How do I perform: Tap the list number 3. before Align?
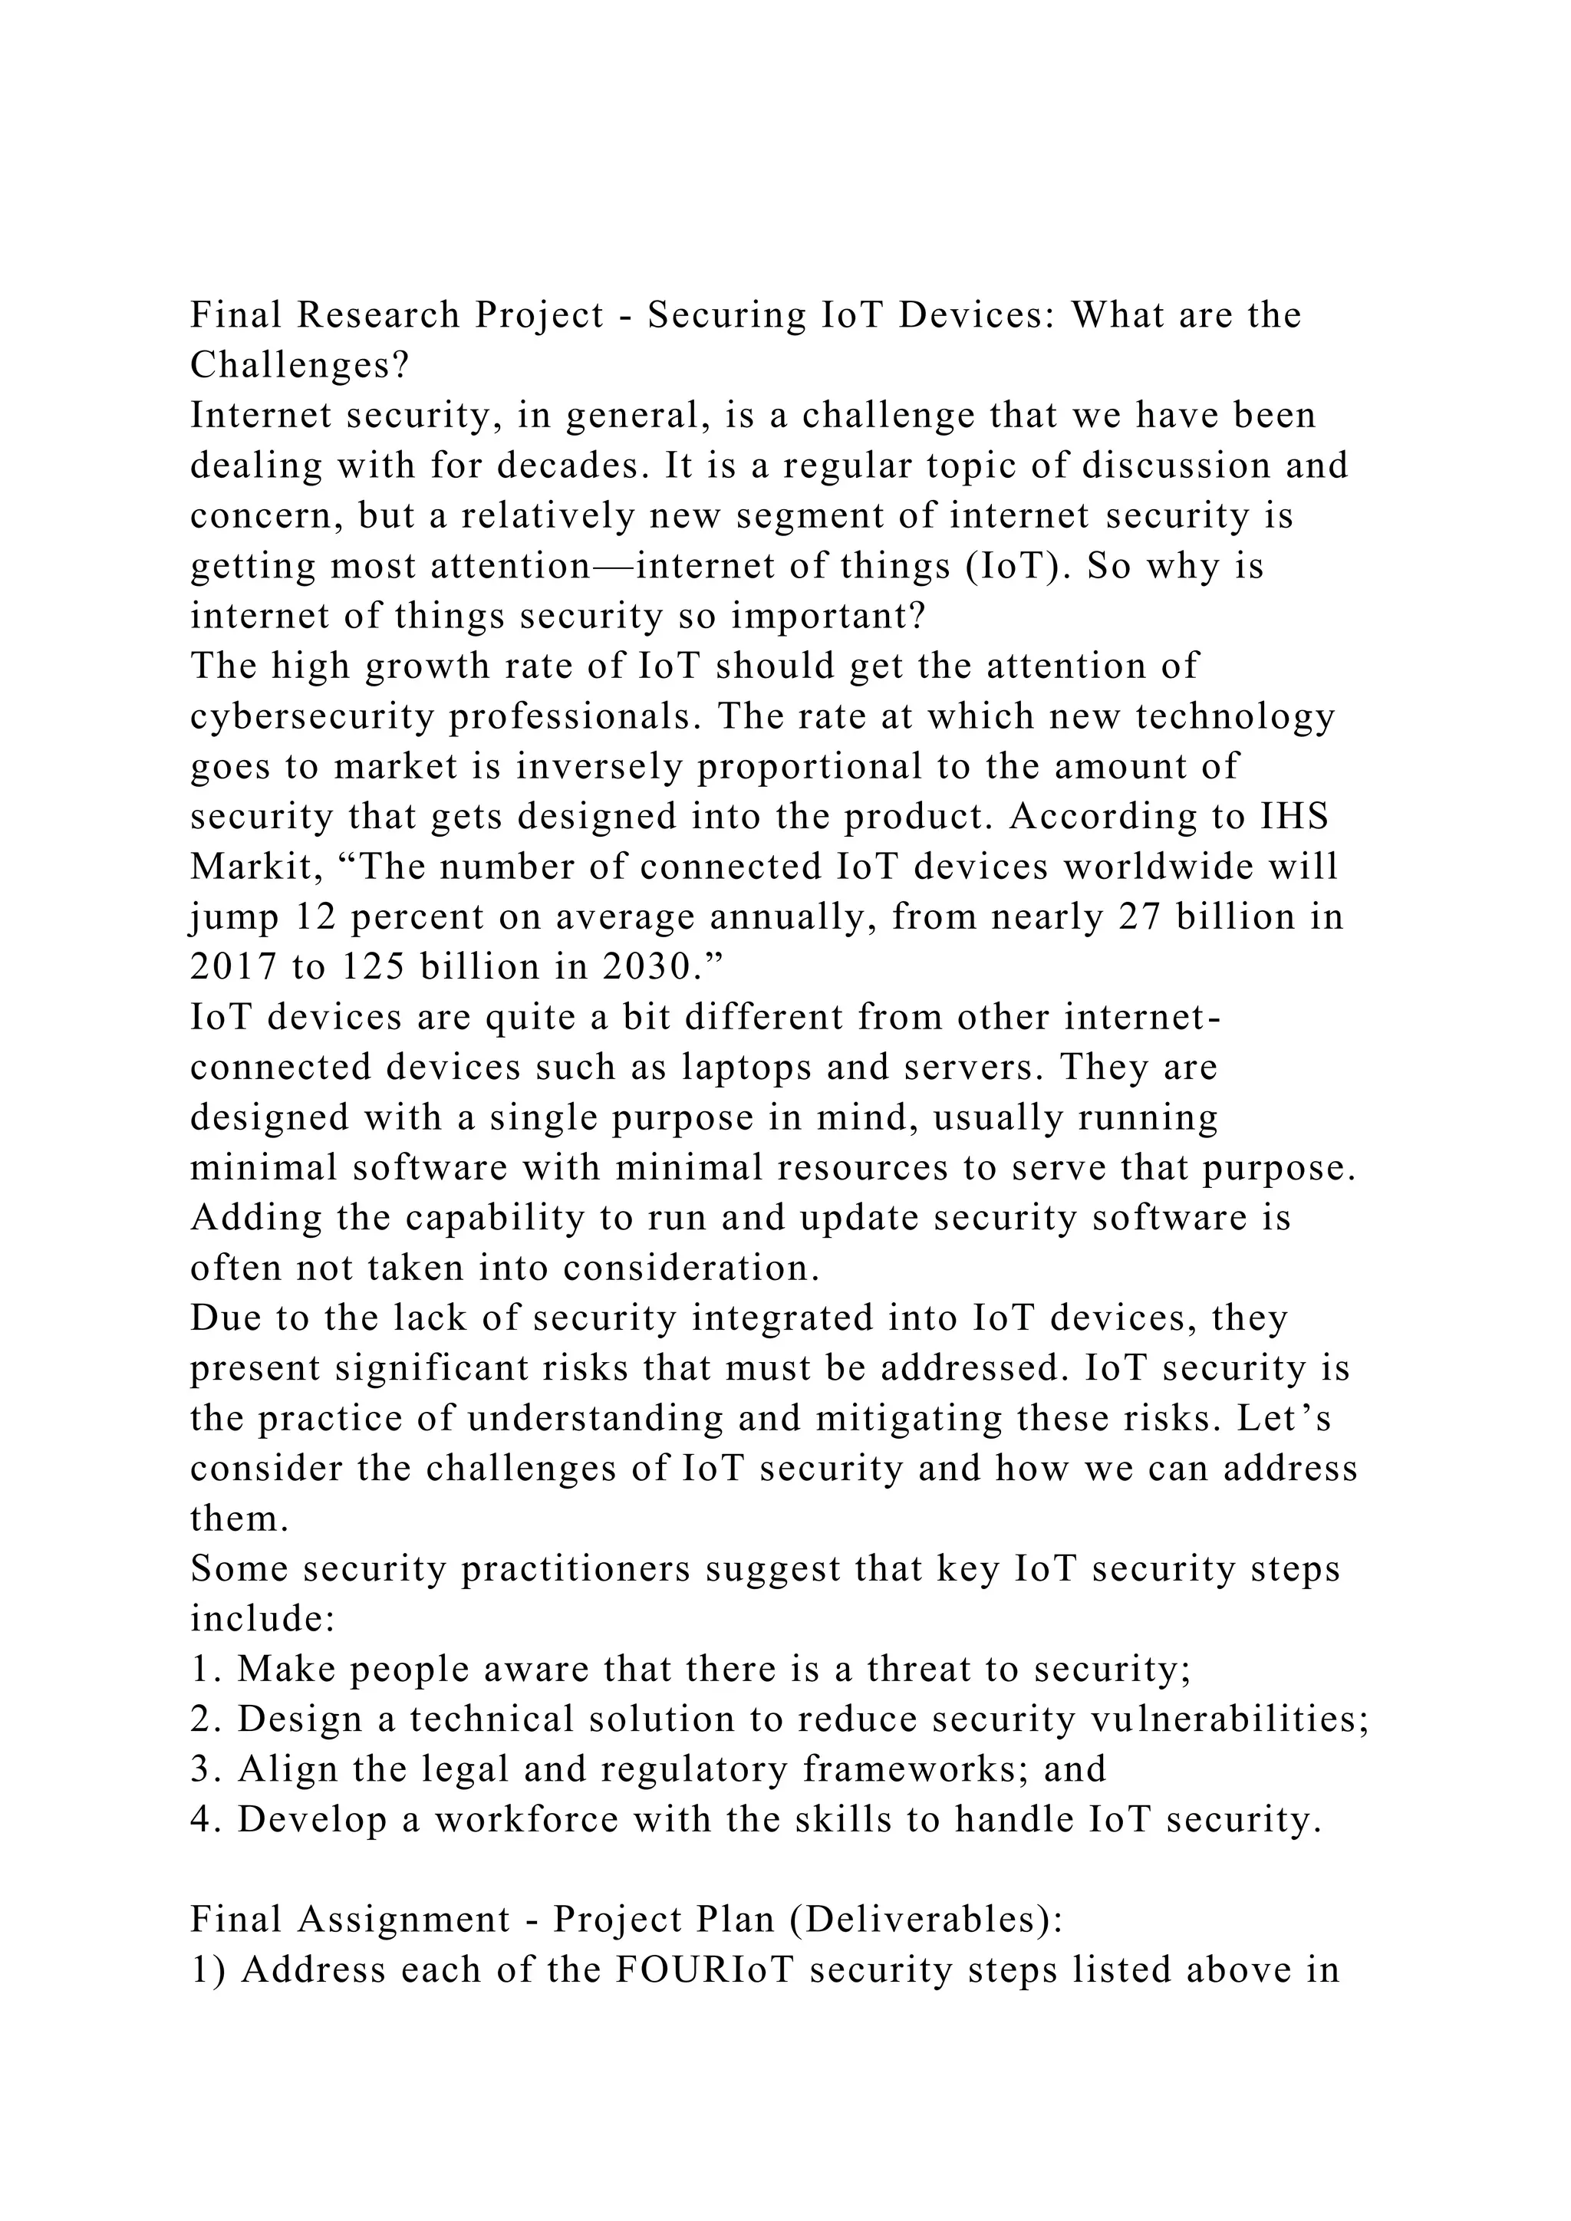pos(207,1769)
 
